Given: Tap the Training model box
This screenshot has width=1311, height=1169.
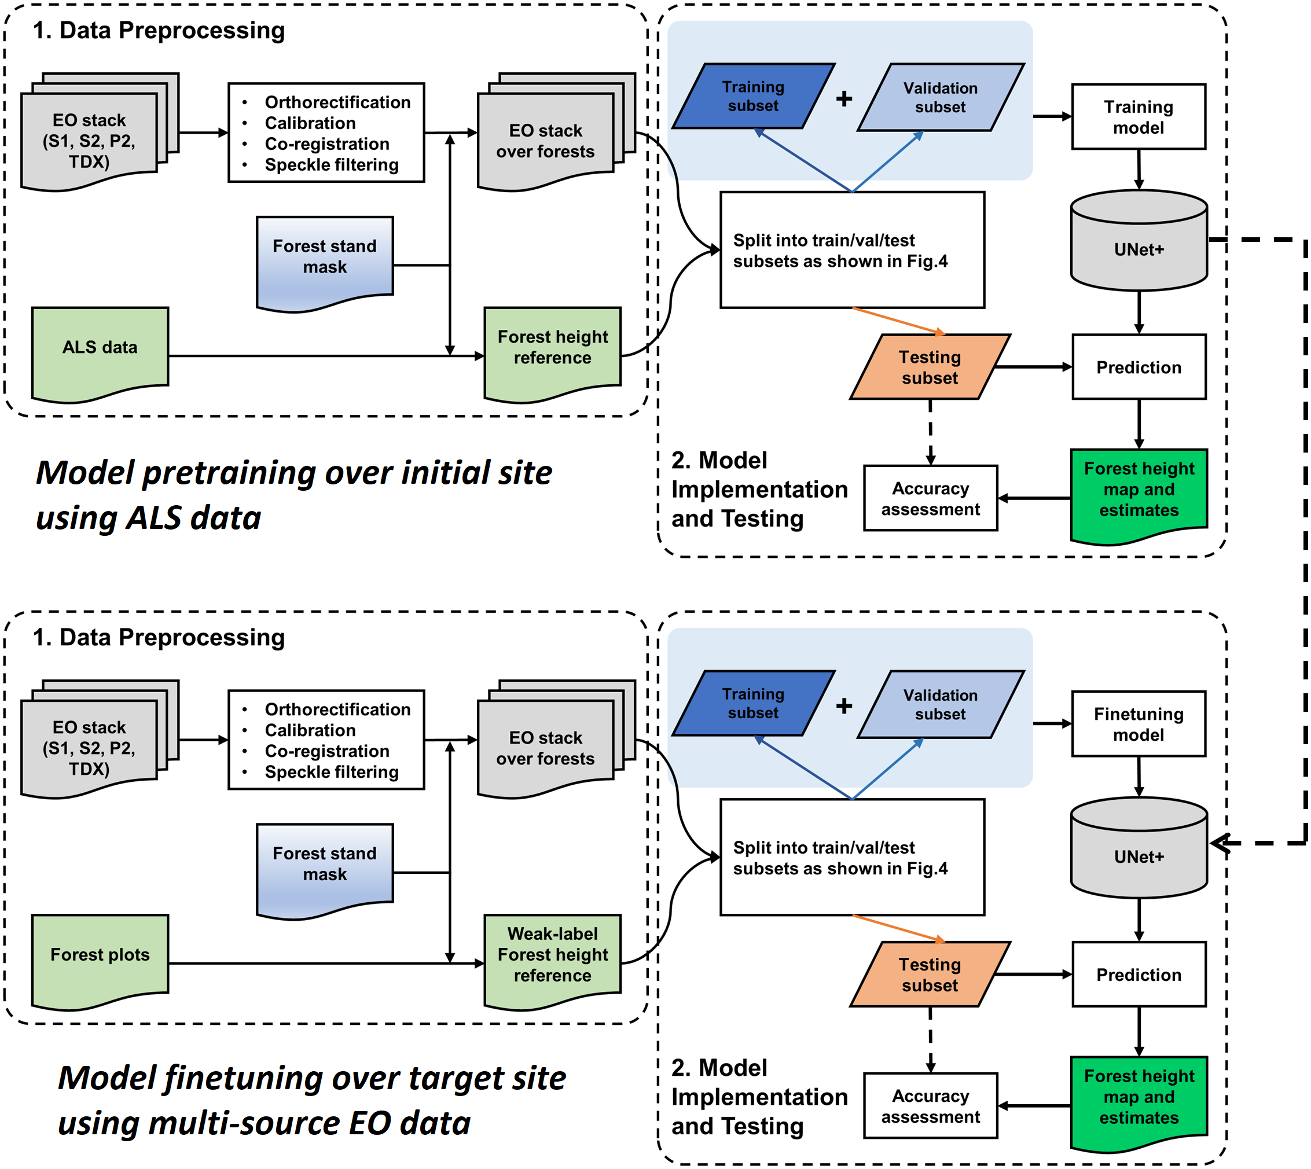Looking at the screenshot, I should click(1137, 117).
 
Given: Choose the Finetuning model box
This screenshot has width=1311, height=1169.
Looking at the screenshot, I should click(1137, 724).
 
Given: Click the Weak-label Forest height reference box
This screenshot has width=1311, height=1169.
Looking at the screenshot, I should click(552, 955).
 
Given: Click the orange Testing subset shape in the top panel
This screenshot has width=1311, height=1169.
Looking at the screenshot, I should click(930, 367).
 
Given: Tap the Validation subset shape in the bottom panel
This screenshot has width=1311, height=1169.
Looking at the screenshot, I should click(940, 705).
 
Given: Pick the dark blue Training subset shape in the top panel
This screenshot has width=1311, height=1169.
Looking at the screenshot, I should click(753, 96).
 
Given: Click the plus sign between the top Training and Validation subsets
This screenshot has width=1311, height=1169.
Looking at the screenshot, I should click(844, 98).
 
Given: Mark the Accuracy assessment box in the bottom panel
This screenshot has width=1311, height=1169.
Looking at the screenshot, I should click(930, 1106).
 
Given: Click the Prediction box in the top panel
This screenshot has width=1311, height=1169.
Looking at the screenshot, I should click(1138, 367).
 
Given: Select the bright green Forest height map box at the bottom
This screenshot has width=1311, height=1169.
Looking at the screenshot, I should click(1138, 1098).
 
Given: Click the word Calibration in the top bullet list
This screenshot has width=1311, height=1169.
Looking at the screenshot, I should click(310, 123).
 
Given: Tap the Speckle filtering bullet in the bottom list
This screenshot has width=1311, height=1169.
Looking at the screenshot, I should click(332, 772).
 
